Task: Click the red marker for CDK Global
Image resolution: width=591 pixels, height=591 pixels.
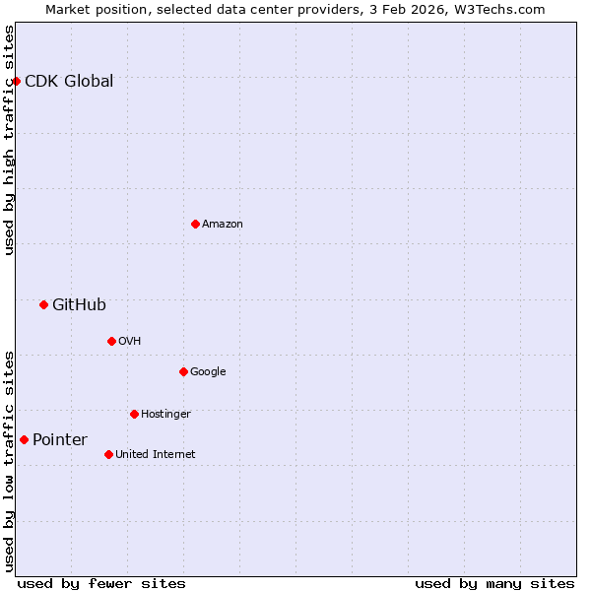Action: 16,81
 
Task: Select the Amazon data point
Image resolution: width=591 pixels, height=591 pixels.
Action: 195,224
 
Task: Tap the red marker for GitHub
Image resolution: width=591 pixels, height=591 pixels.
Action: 43,304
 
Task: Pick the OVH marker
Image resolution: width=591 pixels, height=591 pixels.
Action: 111,341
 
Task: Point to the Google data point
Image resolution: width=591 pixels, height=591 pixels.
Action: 183,371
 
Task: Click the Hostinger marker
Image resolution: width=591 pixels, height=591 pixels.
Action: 134,414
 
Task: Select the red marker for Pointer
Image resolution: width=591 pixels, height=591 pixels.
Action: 24,439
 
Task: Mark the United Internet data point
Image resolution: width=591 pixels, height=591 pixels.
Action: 108,454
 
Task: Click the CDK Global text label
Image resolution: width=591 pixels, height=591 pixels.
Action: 69,81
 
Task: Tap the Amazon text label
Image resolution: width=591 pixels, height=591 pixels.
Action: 223,224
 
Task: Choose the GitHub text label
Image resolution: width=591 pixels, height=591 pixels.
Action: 79,304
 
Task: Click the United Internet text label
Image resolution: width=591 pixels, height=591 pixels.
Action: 156,454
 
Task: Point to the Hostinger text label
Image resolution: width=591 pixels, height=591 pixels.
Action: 165,414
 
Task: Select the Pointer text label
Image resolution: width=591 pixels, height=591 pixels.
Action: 60,439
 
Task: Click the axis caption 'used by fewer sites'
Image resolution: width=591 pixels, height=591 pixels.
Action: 101,583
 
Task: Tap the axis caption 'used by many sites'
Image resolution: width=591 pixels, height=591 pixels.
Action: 494,583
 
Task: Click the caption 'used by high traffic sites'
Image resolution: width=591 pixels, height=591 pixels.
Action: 9,140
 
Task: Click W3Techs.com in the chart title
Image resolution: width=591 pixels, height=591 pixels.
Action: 505,9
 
